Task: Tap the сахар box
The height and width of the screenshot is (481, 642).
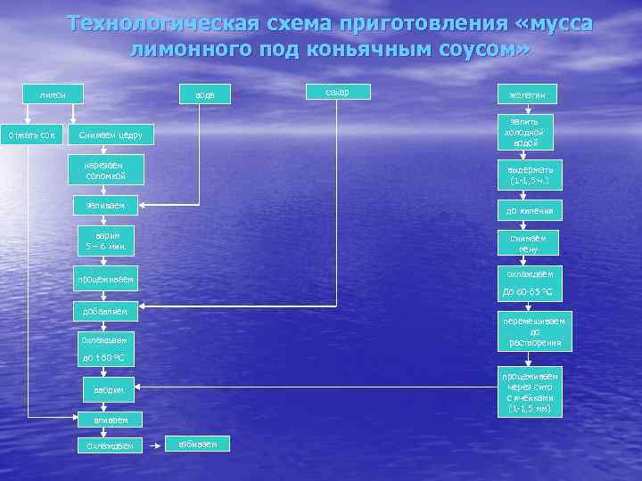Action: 337,92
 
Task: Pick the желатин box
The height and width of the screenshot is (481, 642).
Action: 527,94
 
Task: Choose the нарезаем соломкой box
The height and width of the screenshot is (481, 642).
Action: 105,171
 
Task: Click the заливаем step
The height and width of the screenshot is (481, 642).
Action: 105,207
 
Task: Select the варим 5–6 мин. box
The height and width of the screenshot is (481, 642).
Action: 105,239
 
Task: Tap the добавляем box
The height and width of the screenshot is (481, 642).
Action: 105,311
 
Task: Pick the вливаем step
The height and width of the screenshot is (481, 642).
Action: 105,419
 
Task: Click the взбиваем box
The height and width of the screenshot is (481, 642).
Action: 199,444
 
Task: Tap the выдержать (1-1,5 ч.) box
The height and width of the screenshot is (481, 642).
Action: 530,175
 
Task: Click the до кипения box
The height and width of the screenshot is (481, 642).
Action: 530,211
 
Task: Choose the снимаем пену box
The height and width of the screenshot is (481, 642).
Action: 530,242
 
